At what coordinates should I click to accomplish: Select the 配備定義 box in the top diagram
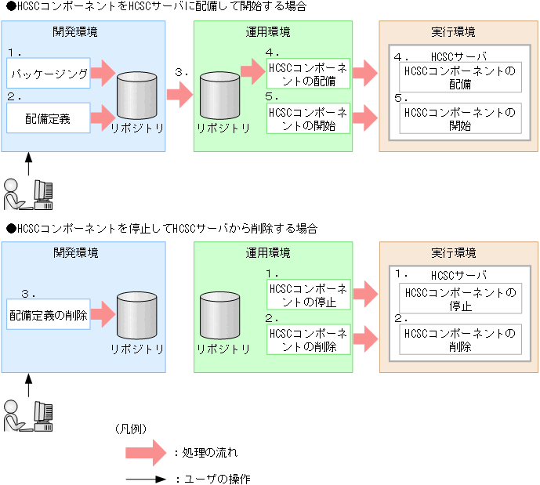[x=49, y=119]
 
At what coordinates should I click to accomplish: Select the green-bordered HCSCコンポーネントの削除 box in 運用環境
[x=308, y=339]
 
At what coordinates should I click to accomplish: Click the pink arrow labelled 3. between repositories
[x=179, y=96]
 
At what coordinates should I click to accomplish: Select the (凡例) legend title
[x=131, y=429]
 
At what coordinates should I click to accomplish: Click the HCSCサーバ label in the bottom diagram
[x=459, y=276]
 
